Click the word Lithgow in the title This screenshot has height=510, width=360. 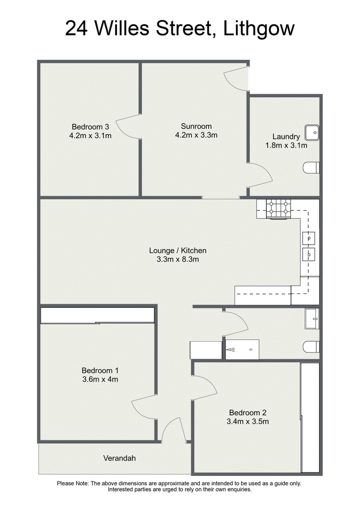(x=259, y=29)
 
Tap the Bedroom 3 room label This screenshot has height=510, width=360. (x=90, y=127)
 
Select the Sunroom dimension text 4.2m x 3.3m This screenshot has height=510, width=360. (x=196, y=135)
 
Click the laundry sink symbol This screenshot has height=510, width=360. (x=312, y=133)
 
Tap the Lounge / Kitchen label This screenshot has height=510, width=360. (x=178, y=250)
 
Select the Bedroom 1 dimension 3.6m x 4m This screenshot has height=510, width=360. (x=100, y=379)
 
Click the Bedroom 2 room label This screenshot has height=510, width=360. (x=248, y=413)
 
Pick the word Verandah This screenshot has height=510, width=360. (x=119, y=458)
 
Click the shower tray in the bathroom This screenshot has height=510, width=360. (x=242, y=350)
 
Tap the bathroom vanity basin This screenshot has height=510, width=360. (x=312, y=319)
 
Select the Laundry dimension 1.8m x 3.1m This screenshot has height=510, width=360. (x=286, y=145)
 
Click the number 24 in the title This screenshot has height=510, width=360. (x=76, y=29)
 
